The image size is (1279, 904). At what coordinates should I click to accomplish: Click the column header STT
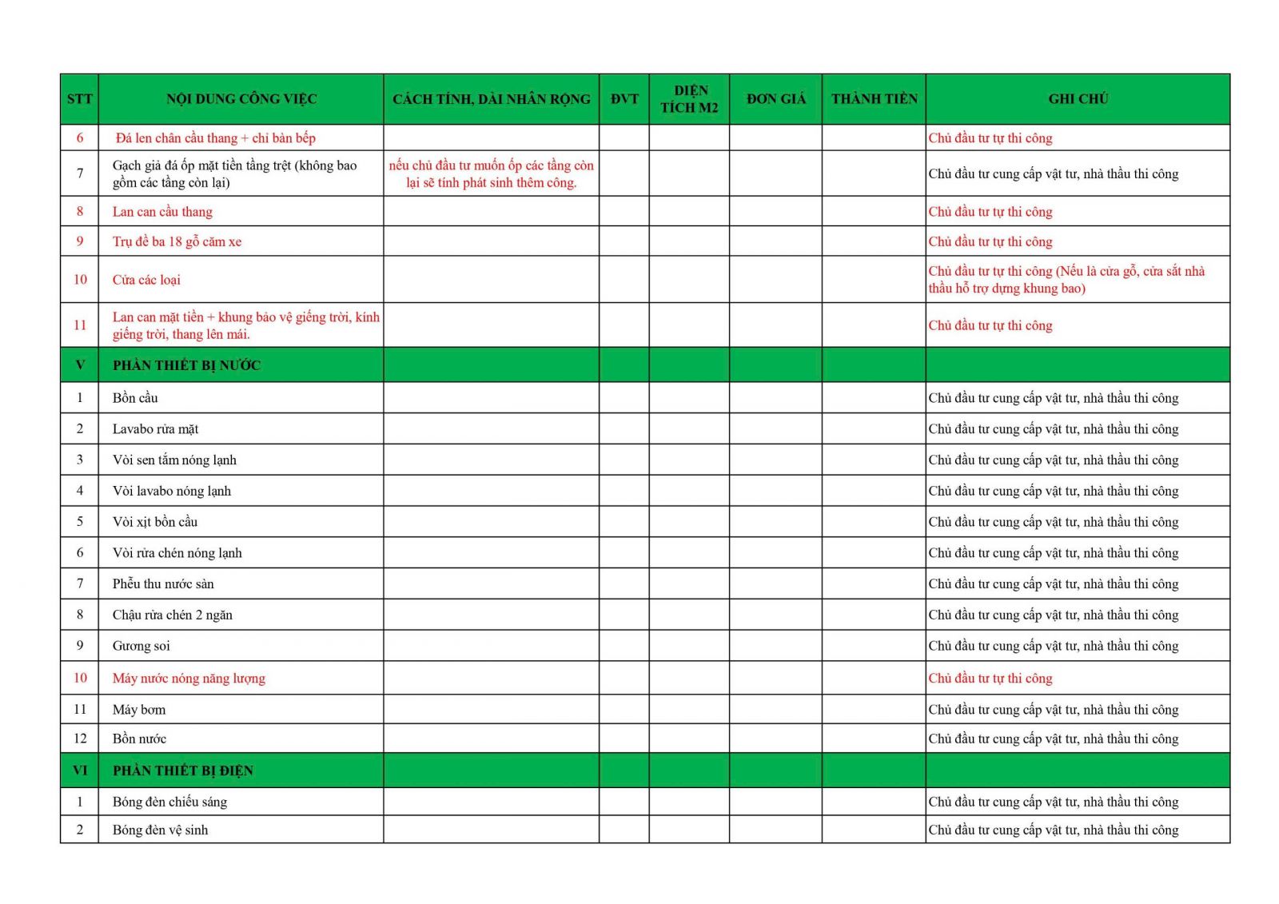(x=79, y=99)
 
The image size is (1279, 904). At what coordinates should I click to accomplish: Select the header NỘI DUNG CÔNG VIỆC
(x=241, y=99)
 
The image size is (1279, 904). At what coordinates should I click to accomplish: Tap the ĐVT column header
(x=624, y=99)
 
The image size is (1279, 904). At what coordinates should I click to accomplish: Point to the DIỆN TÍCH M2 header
(x=689, y=99)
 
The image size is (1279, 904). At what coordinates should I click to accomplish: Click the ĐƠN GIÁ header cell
(x=775, y=99)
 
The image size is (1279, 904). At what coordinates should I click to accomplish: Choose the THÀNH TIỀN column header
(x=874, y=99)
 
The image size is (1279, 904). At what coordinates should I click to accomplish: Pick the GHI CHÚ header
(x=1078, y=99)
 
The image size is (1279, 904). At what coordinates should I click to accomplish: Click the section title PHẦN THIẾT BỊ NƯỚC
(x=186, y=365)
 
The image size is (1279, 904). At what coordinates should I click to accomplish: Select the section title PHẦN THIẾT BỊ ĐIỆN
(x=182, y=771)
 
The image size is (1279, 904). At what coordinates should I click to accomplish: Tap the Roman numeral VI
(x=80, y=771)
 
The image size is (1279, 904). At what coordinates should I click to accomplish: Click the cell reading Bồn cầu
(x=135, y=398)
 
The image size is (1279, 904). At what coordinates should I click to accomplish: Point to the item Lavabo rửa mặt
(x=155, y=429)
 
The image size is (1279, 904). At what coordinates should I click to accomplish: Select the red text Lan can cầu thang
(x=162, y=212)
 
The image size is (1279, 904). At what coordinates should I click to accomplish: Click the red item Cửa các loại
(x=146, y=280)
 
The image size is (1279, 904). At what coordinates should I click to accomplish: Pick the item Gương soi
(x=141, y=646)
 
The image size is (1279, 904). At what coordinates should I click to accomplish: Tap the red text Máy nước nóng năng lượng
(x=189, y=679)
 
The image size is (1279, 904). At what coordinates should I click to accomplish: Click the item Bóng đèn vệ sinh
(x=160, y=830)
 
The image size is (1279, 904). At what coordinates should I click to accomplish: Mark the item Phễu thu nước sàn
(x=163, y=584)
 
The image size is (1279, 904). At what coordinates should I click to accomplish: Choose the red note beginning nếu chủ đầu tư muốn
(x=491, y=174)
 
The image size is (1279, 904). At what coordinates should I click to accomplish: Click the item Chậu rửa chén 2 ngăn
(x=172, y=615)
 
